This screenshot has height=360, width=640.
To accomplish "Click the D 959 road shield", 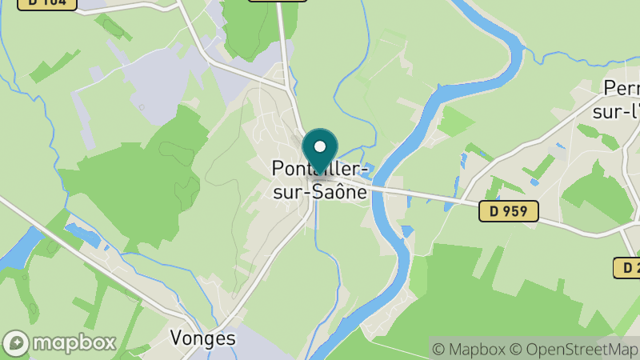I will (509, 212).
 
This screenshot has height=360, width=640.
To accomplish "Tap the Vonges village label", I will (203, 338).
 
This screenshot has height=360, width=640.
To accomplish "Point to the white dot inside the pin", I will (320, 146).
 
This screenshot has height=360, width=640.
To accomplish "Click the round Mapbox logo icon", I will (16, 342).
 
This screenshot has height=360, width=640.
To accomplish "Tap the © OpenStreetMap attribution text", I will (574, 349).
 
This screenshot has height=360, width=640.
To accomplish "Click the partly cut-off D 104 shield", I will (46, 3).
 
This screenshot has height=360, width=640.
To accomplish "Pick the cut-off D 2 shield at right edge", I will (627, 268).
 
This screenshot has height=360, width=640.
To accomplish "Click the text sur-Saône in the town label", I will (320, 192).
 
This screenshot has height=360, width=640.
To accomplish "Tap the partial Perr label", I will (622, 90).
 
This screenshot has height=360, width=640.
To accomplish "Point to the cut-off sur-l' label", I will (615, 111).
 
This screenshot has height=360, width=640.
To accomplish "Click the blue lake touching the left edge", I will (18, 250).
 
